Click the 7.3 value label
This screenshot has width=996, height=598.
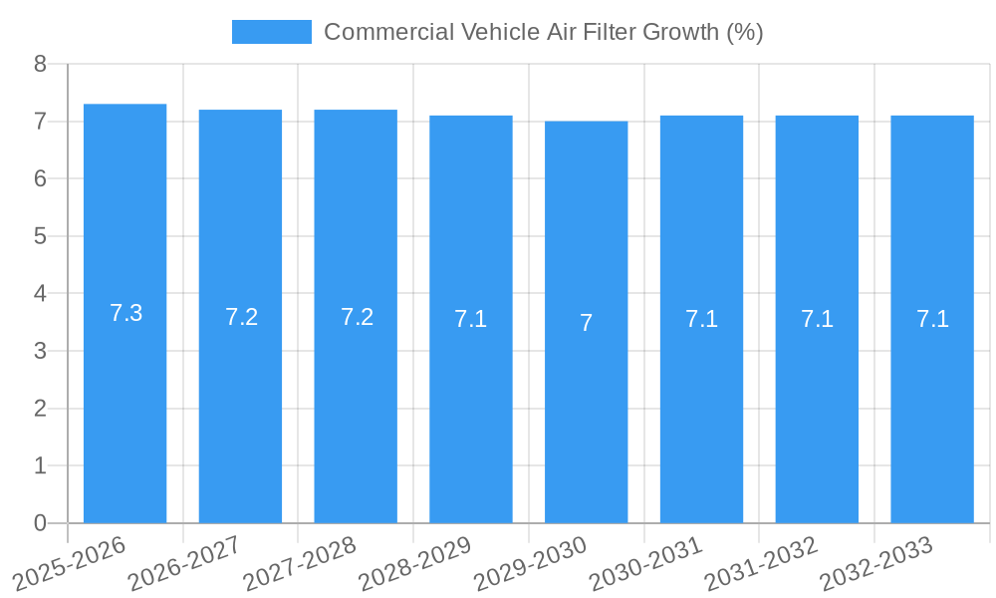coord(125,313)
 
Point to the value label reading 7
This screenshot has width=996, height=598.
coord(587,323)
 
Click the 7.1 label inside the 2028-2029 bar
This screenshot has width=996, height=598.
coord(470,319)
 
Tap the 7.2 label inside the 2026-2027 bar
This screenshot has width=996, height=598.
coord(241,317)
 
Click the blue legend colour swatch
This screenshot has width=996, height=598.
coord(271,32)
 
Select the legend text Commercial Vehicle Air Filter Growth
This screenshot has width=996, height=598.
coord(543,32)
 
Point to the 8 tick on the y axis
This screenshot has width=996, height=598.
coord(40,64)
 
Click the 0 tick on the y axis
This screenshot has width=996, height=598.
coord(40,523)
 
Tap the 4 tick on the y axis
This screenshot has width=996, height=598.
coord(40,294)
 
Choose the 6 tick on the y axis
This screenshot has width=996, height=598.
coord(40,179)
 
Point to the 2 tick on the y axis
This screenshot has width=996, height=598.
coord(40,409)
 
